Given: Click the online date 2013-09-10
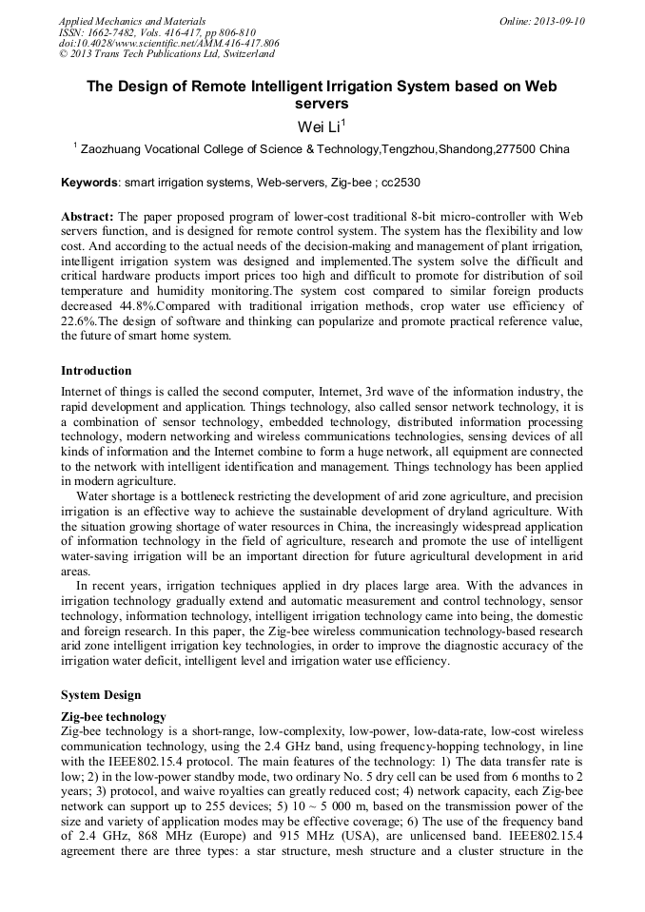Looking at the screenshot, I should (x=558, y=21).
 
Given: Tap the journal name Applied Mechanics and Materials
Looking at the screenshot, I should (x=132, y=21).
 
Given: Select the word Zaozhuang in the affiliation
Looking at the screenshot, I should (x=114, y=149).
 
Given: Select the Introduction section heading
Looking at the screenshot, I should (x=96, y=370).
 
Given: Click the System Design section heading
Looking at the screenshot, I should (x=101, y=694).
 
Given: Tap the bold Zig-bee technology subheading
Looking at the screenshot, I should (x=113, y=716).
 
